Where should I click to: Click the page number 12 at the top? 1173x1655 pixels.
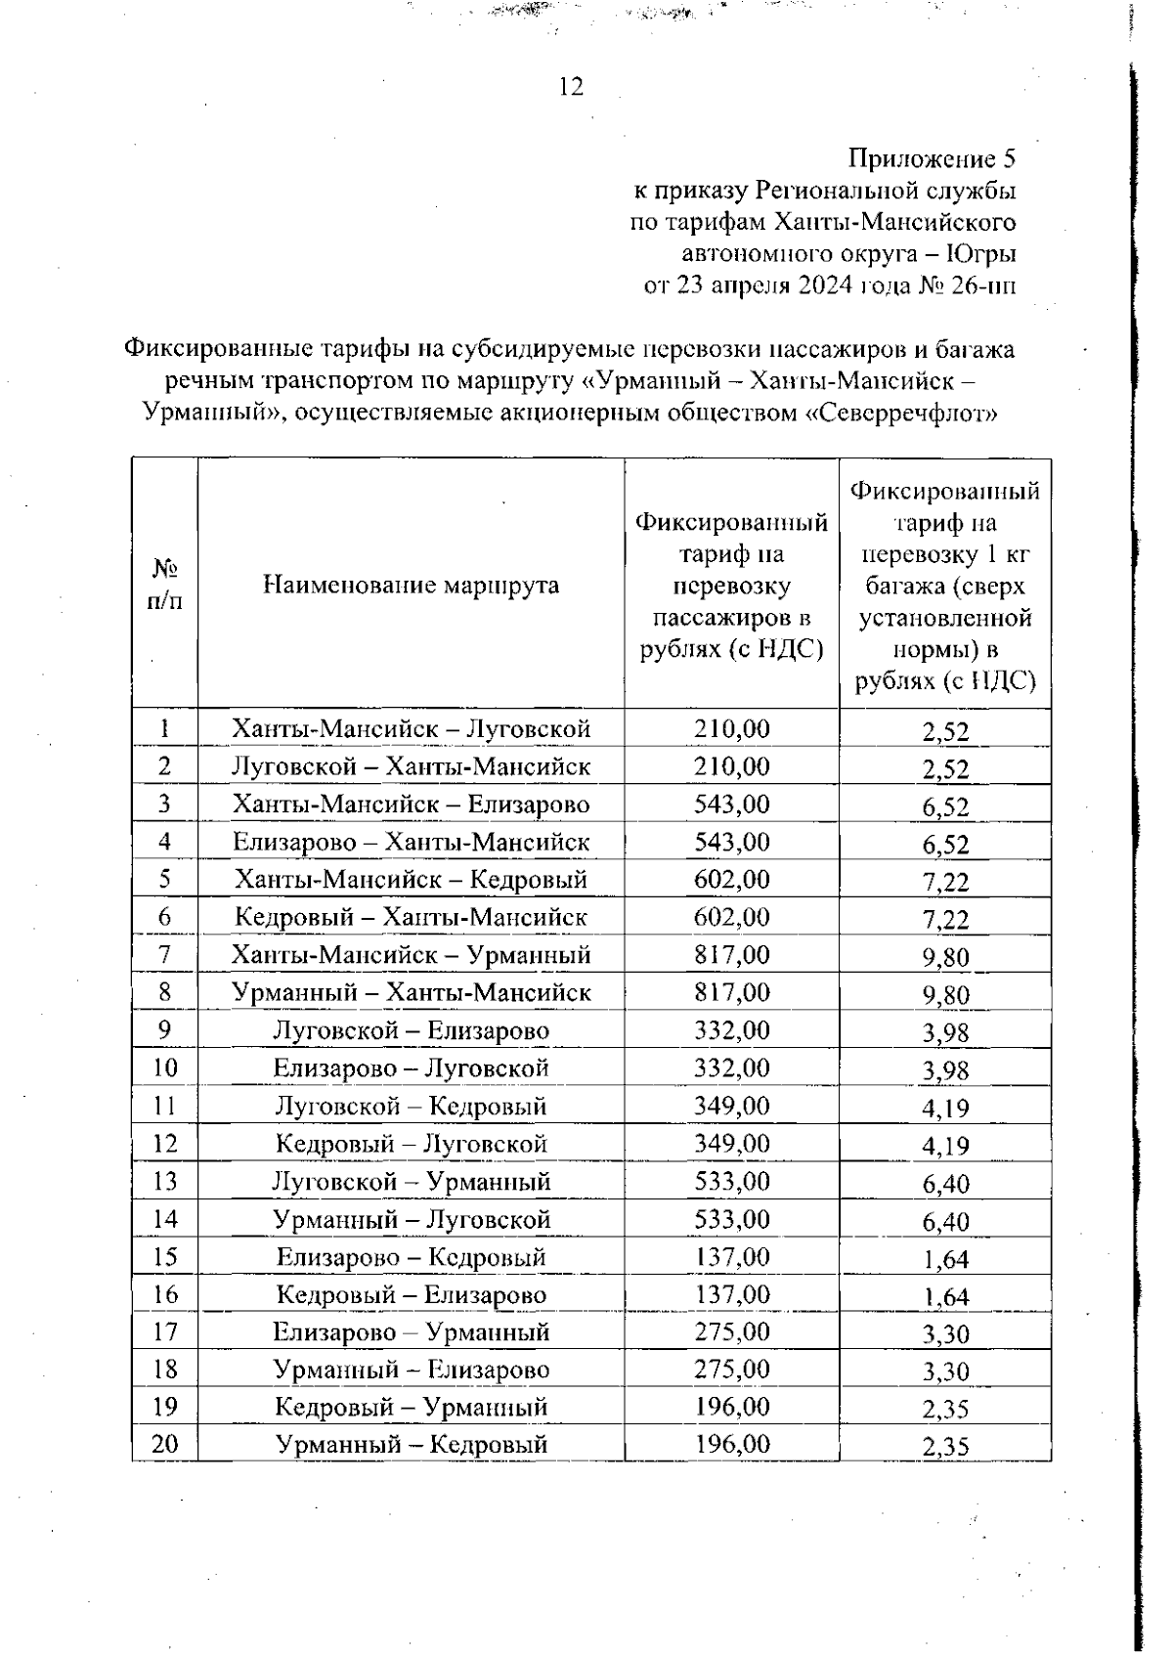tap(571, 88)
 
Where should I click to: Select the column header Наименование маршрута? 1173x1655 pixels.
tap(411, 585)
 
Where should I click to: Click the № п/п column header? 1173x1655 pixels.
tap(164, 585)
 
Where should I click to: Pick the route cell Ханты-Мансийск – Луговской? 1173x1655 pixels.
tap(411, 729)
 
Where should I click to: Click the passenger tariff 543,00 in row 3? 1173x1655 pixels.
tap(731, 805)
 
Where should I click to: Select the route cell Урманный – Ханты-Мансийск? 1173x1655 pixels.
tap(411, 993)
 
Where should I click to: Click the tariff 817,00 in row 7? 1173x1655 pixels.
tap(731, 955)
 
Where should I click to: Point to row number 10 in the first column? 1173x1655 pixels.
tap(164, 1068)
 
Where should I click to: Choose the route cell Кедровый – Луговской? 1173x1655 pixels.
tap(411, 1144)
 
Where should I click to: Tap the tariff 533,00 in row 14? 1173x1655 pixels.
tap(731, 1219)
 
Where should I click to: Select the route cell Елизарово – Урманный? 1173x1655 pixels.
tap(411, 1332)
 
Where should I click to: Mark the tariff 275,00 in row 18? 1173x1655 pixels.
tap(731, 1370)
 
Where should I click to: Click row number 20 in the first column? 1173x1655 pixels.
tap(164, 1444)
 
